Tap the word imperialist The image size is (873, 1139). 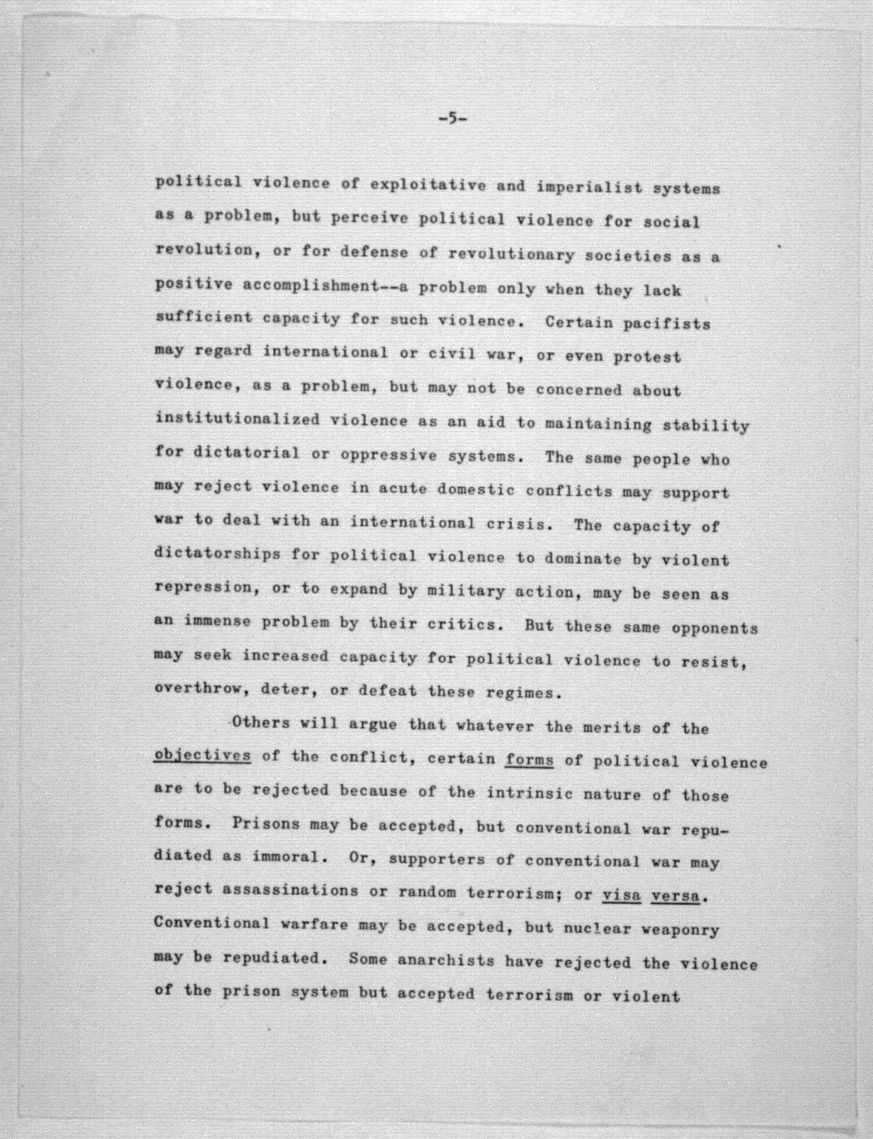pyautogui.click(x=589, y=187)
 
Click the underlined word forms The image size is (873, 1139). pyautogui.click(x=529, y=760)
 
